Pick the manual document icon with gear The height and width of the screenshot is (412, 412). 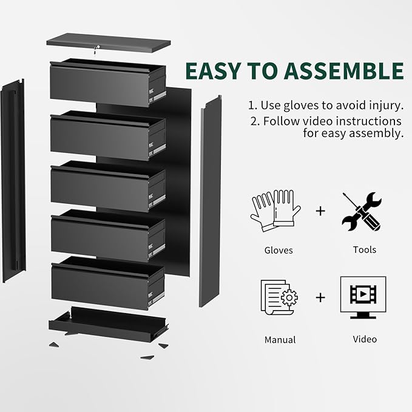279,298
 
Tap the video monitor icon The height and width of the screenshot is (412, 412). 362,298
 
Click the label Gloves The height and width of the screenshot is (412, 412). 279,250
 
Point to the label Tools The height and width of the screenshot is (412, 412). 364,249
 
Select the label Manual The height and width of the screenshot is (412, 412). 280,340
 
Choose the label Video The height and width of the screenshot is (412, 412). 365,339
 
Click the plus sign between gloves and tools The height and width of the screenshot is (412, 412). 320,211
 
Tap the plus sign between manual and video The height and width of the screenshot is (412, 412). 320,297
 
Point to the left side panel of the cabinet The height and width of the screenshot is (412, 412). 13,182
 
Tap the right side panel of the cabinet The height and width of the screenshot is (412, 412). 210,200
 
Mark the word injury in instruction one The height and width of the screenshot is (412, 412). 385,105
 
